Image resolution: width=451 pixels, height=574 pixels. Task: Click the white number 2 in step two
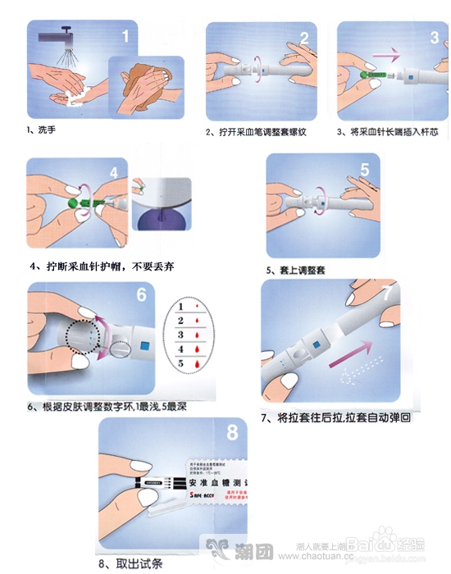tap(303, 38)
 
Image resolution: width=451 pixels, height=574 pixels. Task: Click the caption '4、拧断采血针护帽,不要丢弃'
tap(102, 266)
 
